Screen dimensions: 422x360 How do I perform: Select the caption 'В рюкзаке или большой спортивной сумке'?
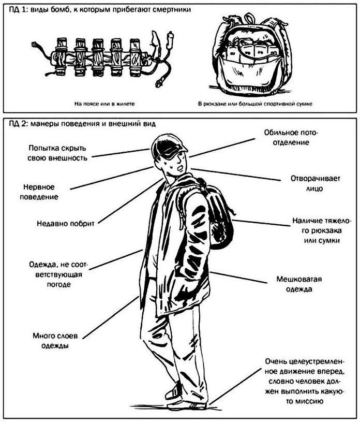pyautogui.click(x=255, y=104)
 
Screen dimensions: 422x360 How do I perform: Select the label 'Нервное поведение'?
pyautogui.click(x=41, y=192)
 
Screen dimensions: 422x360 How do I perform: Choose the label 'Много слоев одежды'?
pyautogui.click(x=51, y=340)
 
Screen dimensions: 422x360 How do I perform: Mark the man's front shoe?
pyautogui.click(x=189, y=404)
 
